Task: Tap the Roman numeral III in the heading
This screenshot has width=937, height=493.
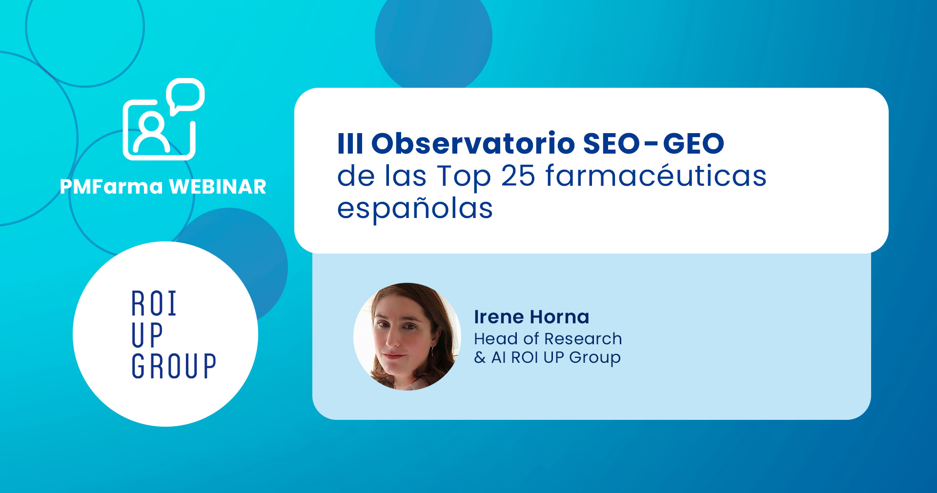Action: click(350, 143)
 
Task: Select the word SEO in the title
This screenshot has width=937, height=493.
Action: click(611, 143)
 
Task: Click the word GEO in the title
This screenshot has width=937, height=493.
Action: click(693, 143)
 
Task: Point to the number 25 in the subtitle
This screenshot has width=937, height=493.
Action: click(518, 176)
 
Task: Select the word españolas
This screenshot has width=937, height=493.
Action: click(415, 208)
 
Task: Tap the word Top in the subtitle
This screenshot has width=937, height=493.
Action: click(464, 177)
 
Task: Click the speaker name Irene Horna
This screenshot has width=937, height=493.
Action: click(531, 317)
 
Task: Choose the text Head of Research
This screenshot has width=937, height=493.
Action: click(548, 338)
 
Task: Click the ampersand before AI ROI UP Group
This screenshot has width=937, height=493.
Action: click(480, 357)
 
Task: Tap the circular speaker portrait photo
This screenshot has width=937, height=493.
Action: click(407, 336)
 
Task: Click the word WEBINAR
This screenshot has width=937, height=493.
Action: click(218, 187)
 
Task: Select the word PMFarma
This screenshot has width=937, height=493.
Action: click(111, 187)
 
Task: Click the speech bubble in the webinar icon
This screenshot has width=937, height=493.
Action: click(185, 96)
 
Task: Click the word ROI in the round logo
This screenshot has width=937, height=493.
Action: click(154, 304)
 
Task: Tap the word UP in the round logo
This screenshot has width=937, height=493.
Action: click(147, 335)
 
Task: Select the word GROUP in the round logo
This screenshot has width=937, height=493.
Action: click(174, 366)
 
